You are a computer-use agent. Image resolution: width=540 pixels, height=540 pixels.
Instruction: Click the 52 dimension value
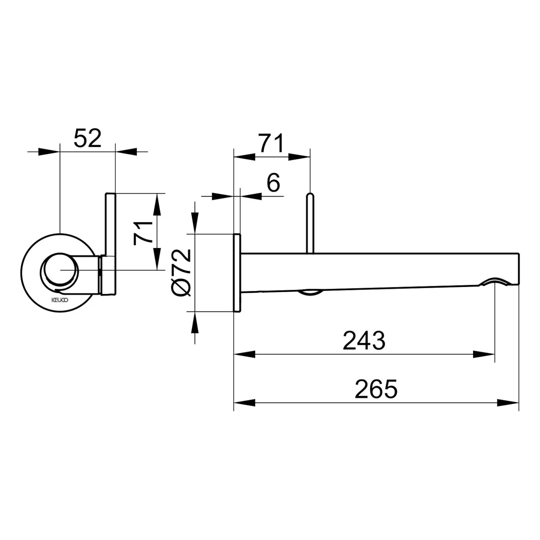point(87,138)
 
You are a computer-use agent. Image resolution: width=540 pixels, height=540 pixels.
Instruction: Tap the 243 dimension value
point(364,341)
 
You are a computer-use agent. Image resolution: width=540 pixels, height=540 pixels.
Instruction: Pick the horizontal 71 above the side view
point(271,143)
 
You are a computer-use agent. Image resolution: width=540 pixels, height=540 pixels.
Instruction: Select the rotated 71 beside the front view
point(143,233)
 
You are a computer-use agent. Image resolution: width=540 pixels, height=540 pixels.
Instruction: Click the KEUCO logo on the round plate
point(59,300)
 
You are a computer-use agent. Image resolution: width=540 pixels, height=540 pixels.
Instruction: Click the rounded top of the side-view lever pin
point(310,195)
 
